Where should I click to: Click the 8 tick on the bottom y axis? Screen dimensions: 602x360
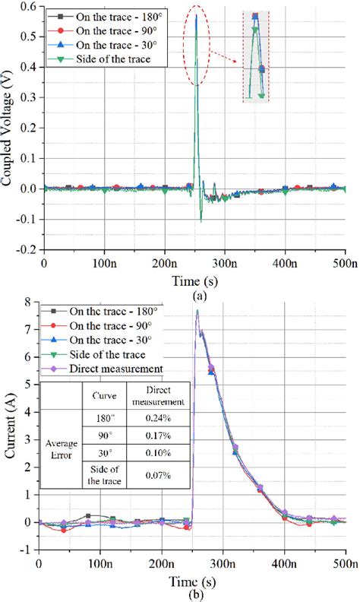pos(29,303)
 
